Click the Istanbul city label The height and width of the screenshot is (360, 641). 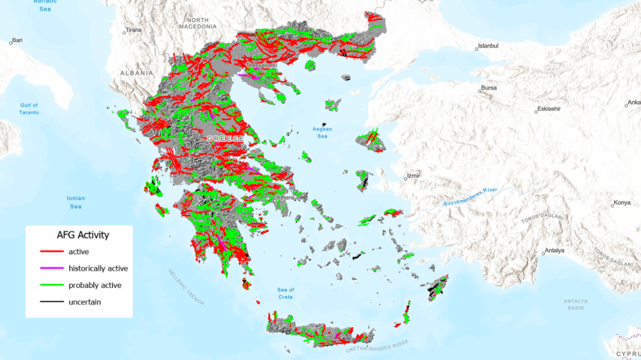coord(488,46)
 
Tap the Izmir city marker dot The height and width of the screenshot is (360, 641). coord(404,178)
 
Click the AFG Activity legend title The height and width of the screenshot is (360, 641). coord(83,235)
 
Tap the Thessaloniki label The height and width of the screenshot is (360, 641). coord(262,65)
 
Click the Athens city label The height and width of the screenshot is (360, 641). coord(286,198)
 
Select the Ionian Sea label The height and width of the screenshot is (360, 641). coord(76,202)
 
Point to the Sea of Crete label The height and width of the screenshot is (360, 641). coord(285,293)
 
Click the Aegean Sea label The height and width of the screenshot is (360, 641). coord(322,132)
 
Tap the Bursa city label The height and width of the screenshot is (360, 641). coord(488,88)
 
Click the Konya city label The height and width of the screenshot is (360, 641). coord(622,202)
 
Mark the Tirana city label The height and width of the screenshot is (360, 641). coord(133,30)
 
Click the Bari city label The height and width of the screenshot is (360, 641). coord(18,40)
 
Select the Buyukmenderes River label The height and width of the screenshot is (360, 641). coord(470,197)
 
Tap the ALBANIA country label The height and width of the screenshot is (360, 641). coord(137,72)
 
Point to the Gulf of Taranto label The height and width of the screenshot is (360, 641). coord(29,109)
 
